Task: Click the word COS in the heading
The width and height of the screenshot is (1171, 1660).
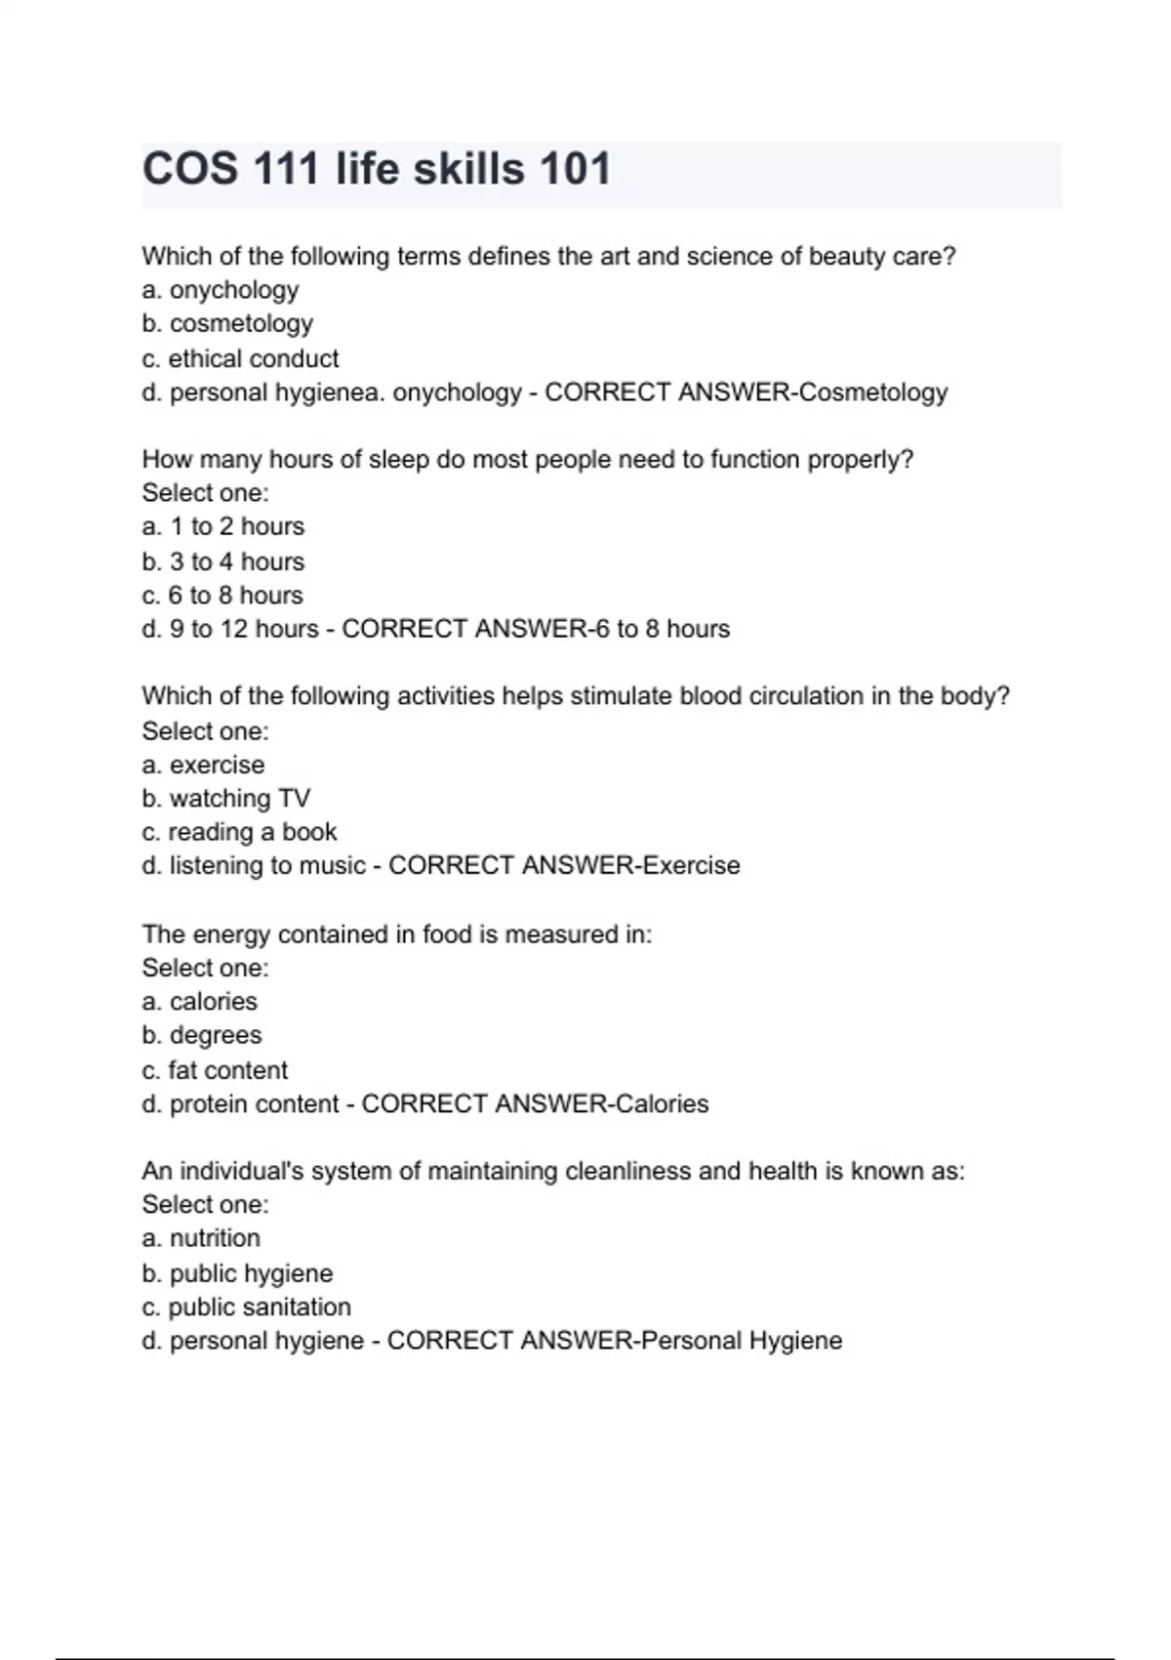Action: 190,169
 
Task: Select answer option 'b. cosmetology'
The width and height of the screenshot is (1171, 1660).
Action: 227,323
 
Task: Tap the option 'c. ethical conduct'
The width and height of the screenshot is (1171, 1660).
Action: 240,358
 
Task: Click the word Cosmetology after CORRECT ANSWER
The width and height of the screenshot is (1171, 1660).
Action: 873,393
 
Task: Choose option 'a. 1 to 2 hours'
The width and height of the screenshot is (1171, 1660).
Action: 223,526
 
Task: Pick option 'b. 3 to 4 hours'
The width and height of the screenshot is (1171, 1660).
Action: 223,561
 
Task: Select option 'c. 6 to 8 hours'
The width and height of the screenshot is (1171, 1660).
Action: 222,595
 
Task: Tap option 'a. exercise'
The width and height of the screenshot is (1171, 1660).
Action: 203,765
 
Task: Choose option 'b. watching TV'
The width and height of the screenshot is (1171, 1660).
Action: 225,799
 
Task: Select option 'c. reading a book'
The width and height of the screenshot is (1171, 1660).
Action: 239,832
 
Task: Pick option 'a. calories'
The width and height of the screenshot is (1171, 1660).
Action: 200,1002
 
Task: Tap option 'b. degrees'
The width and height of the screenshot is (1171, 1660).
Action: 202,1035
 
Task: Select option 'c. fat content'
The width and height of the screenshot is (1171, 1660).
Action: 215,1070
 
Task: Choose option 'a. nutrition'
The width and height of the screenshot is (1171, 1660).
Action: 201,1238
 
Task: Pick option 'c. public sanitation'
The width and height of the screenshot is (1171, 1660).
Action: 246,1307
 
